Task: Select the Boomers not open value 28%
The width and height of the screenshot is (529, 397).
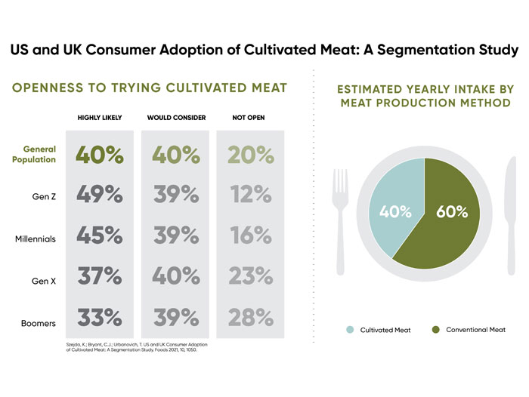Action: (x=250, y=318)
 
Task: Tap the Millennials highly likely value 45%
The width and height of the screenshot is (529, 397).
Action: (x=99, y=235)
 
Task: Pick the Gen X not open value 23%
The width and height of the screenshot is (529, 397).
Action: (x=250, y=276)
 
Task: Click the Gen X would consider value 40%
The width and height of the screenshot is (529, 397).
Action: (x=175, y=276)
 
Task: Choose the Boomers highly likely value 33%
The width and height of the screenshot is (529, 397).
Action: (x=99, y=318)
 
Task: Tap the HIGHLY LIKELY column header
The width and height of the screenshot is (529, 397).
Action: (x=99, y=118)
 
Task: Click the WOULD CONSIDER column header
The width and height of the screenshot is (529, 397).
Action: (x=175, y=118)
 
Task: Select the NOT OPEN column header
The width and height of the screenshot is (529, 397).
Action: (x=248, y=118)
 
